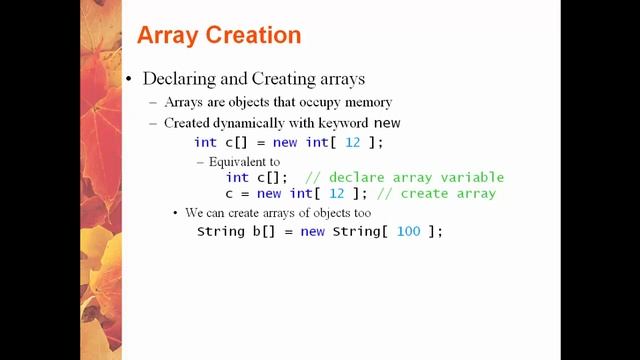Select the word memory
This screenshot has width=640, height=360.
[366, 102]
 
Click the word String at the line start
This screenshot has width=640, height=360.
[220, 231]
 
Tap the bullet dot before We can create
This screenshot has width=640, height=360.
[175, 213]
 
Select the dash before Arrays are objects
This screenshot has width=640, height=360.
[153, 102]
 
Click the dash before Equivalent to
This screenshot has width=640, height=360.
[200, 161]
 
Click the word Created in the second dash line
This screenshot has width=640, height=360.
[189, 123]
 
